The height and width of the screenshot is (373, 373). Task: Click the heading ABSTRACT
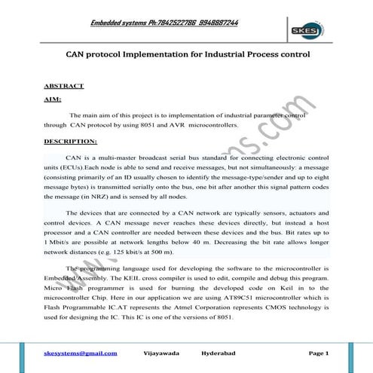64,86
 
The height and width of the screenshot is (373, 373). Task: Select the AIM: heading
54,100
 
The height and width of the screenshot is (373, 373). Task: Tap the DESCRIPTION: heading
70,141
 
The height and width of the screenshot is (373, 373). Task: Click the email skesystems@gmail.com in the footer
80,353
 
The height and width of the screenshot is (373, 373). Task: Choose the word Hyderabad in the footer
220,353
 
